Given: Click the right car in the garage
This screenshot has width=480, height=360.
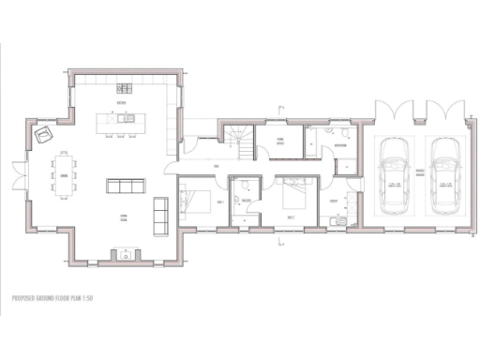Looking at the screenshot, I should tap(443, 177).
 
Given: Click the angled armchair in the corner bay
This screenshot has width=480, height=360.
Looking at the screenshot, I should tap(43, 137).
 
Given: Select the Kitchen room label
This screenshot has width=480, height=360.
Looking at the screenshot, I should tap(122, 101).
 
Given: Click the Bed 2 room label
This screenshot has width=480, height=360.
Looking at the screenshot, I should tap(292, 217).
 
